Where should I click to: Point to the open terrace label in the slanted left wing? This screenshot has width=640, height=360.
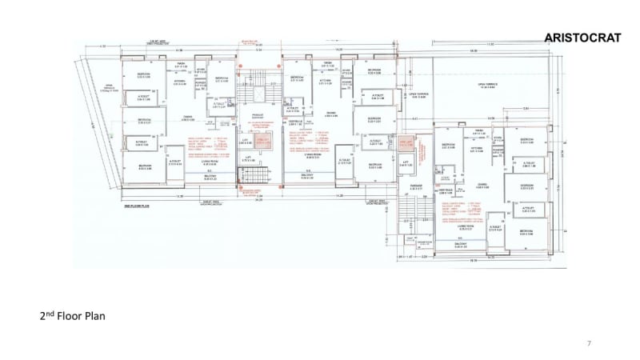[x=103, y=90]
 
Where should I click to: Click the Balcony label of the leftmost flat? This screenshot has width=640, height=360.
[x=210, y=178]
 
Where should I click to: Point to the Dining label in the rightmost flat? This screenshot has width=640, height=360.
[x=482, y=185]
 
